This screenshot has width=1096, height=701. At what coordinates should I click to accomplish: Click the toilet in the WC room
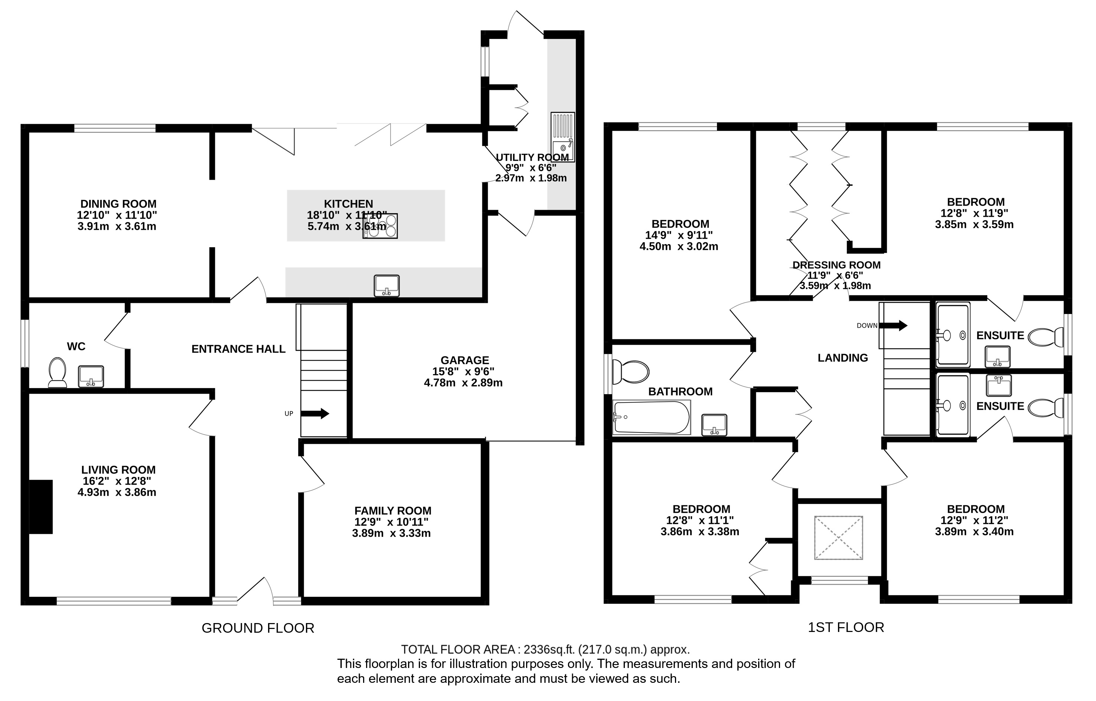pos(58,372)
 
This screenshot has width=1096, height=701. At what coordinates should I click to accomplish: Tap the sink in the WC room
pos(91,376)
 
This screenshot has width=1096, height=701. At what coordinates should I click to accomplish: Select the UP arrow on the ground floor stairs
pos(314,413)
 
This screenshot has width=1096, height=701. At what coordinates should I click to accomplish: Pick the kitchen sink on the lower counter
pos(386,286)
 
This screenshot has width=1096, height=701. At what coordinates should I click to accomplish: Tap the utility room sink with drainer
pos(563,137)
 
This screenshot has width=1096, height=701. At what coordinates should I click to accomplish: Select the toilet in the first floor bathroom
pos(631,372)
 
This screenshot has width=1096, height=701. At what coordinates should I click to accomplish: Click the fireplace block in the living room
pos(41,507)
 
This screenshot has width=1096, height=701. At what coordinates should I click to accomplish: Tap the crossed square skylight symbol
pos(838,538)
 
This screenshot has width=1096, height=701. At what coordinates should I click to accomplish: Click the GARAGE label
pos(464,360)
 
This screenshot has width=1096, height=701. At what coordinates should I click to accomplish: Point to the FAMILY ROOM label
pos(392,511)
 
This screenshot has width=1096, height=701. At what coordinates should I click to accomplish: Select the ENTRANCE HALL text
pos(238,349)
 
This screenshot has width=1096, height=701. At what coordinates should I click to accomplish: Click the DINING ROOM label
pos(118,204)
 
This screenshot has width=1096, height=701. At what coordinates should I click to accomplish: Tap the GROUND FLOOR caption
pos(258,628)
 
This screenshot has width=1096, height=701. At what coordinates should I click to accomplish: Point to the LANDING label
pos(842,358)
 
